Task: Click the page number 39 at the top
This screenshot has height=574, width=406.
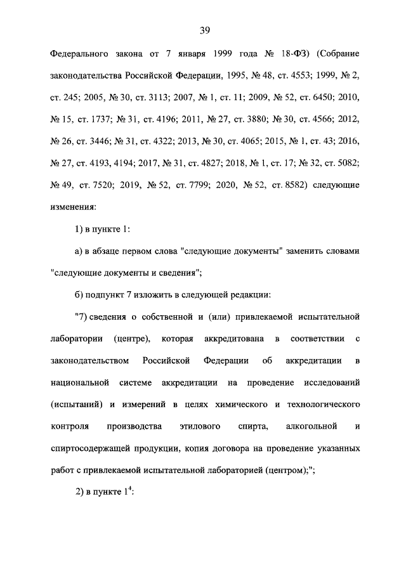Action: pos(204,30)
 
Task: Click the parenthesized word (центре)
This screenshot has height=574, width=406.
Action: pos(131,339)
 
